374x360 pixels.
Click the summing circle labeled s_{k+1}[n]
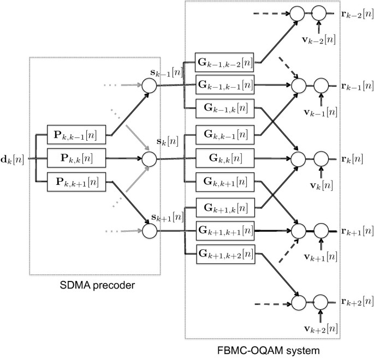(x=149, y=232)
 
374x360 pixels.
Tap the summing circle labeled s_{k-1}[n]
(x=149, y=85)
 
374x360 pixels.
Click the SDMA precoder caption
(x=96, y=286)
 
